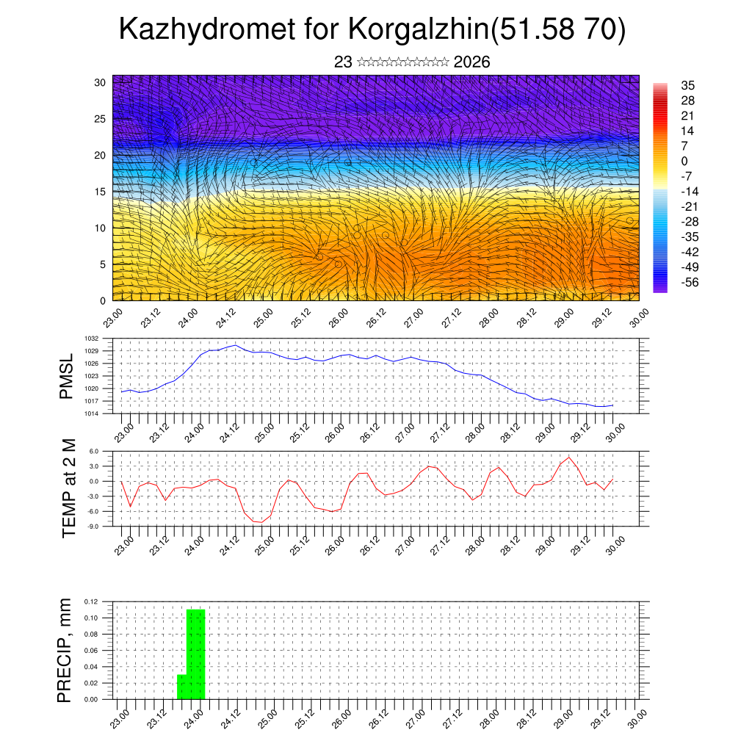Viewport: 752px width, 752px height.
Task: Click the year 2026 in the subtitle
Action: pyautogui.click(x=471, y=62)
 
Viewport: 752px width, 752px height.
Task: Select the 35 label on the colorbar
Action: pyautogui.click(x=688, y=85)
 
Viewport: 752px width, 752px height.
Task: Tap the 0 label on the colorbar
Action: pyautogui.click(x=684, y=161)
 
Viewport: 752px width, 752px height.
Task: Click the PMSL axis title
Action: pyautogui.click(x=67, y=376)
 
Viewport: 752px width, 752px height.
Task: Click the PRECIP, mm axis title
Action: pyautogui.click(x=65, y=650)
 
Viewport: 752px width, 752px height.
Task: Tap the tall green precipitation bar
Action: pyautogui.click(x=196, y=654)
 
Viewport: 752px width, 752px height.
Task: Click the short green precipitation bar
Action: pyautogui.click(x=182, y=687)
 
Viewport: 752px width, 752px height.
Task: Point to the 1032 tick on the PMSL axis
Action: pyautogui.click(x=91, y=339)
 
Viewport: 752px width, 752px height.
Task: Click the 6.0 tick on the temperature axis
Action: pyautogui.click(x=93, y=452)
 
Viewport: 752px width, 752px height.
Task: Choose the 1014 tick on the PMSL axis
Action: pyautogui.click(x=91, y=413)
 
